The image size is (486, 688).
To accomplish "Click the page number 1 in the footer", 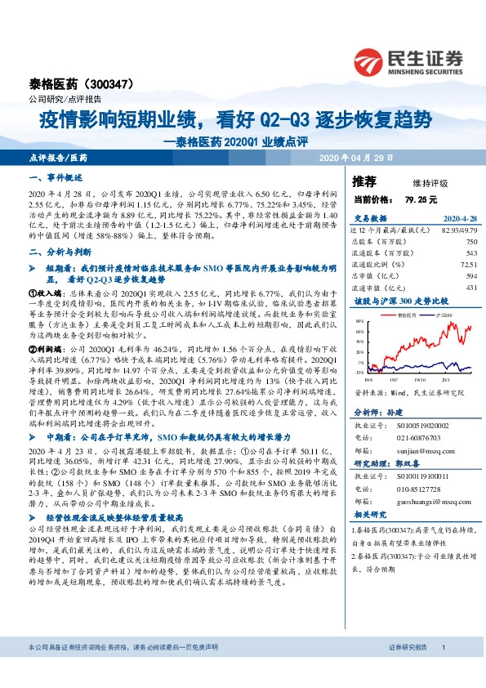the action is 443,669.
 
